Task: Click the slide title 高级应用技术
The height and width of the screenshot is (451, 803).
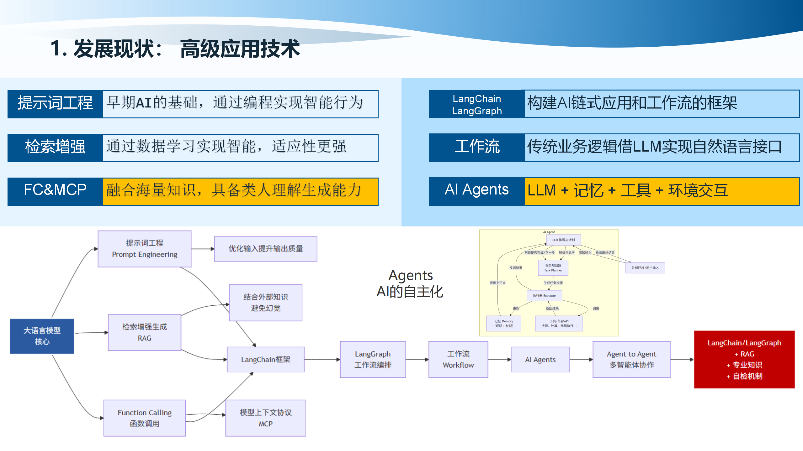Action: [240, 49]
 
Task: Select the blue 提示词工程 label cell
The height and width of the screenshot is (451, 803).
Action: [55, 104]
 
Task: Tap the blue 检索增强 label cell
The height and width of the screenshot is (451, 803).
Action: [55, 148]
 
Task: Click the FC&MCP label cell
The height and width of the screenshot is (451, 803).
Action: [55, 191]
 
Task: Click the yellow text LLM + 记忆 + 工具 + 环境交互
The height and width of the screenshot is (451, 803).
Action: [627, 191]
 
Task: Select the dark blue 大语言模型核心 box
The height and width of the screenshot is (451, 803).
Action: [42, 336]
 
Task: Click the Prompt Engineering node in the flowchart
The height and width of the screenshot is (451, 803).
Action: [145, 249]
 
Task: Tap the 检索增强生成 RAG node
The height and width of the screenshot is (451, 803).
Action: [145, 332]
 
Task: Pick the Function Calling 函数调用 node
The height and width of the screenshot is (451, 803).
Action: [145, 418]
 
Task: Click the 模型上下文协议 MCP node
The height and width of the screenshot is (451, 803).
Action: [265, 418]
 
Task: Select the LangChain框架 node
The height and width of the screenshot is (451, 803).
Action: [265, 360]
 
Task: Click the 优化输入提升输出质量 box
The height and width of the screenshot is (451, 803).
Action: [265, 249]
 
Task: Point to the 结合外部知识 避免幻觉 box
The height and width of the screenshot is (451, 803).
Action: [265, 303]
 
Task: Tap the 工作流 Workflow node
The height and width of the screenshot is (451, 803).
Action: [458, 360]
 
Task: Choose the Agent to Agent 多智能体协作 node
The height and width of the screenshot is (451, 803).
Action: [631, 360]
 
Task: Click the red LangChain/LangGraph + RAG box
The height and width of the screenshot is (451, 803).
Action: [744, 360]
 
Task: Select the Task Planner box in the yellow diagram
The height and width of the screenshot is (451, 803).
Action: [553, 268]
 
